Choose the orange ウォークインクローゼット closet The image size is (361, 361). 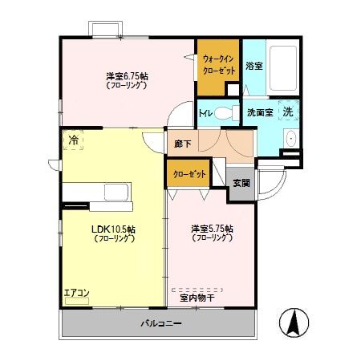[x=218, y=65]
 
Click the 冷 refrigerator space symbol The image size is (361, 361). [x=74, y=140]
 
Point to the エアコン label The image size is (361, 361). [x=77, y=294]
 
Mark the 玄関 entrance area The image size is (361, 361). [x=241, y=182]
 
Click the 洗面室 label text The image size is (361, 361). [x=259, y=112]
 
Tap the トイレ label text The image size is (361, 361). [x=205, y=113]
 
